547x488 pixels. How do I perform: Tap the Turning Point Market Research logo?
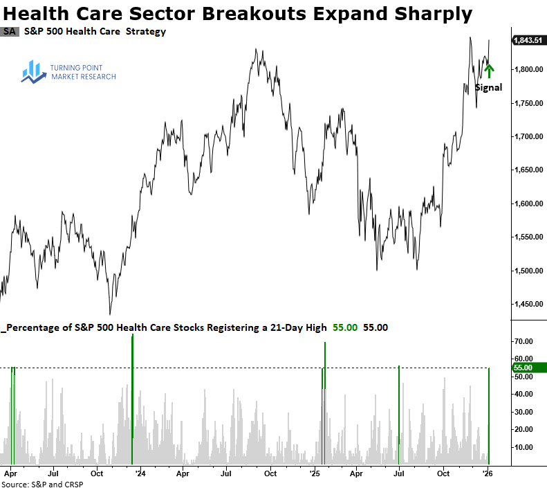point(68,72)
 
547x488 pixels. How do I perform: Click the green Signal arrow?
point(490,71)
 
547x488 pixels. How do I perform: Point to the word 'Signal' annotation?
point(488,88)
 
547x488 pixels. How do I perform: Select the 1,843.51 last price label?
point(528,41)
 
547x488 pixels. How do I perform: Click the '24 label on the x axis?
point(140,474)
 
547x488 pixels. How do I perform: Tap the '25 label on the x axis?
point(315,474)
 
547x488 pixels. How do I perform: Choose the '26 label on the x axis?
point(488,474)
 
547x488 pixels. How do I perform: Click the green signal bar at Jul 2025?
point(399,415)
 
